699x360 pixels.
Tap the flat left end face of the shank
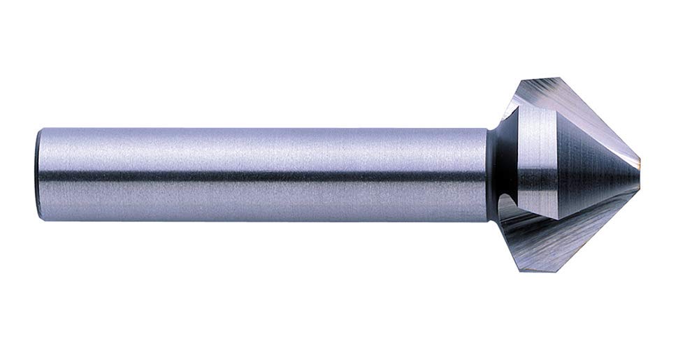[x=38, y=174]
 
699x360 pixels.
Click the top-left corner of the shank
[x=42, y=129]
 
